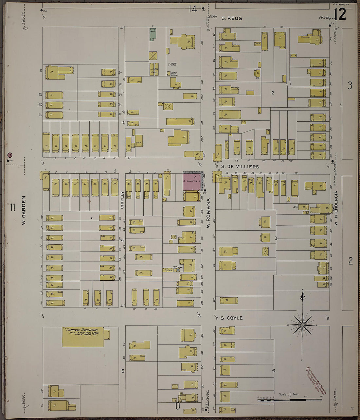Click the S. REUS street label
tap(231, 18)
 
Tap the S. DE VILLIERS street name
tap(240, 166)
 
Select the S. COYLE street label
tap(231, 318)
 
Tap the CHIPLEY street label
tap(122, 200)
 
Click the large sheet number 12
tap(340, 14)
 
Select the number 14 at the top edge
tap(193, 9)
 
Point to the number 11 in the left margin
tap(13, 207)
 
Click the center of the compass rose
tap(303, 325)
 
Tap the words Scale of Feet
tap(289, 394)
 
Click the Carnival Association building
tap(83, 337)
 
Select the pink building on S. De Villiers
tap(192, 181)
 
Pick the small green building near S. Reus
tap(153, 35)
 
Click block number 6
tap(274, 371)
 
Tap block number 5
tap(123, 371)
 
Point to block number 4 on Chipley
tap(123, 240)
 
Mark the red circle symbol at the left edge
tap(9, 155)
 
